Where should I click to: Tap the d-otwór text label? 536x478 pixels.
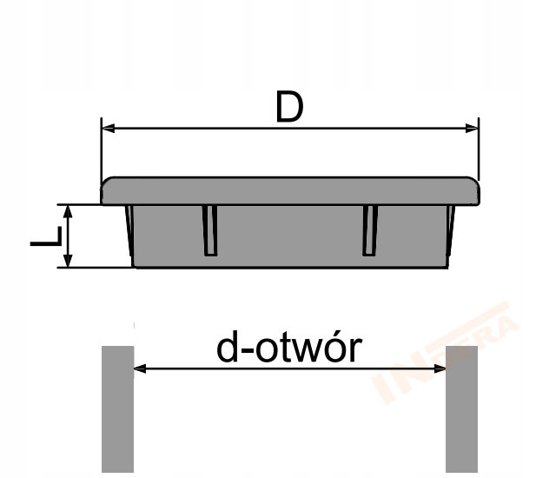click(x=288, y=348)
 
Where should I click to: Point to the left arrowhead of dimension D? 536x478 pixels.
click(x=108, y=129)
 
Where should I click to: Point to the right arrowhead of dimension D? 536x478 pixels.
click(x=473, y=129)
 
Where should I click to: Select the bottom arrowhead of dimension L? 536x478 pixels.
click(x=66, y=262)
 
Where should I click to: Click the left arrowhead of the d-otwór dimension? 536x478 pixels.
click(x=138, y=368)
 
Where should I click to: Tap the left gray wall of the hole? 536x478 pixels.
click(x=117, y=408)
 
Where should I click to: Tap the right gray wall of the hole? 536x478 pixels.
click(x=461, y=408)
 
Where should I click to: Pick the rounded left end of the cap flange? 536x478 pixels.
click(x=106, y=192)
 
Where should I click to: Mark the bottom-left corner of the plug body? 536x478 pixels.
click(x=134, y=265)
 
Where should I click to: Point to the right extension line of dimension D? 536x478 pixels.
click(x=480, y=152)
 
